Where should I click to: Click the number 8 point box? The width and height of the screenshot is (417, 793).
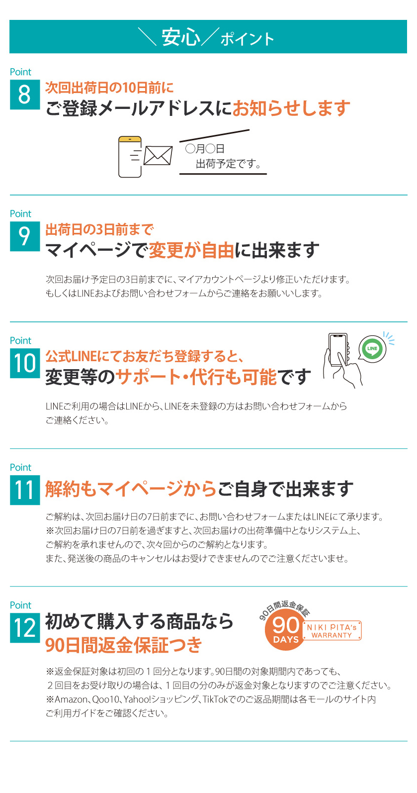(24, 95)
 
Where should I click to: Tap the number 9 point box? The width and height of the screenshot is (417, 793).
(24, 236)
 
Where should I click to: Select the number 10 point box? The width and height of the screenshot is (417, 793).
(24, 363)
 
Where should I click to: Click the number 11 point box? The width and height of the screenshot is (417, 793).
(24, 490)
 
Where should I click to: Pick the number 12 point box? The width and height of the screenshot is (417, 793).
(24, 628)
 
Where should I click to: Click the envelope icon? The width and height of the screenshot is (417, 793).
(158, 156)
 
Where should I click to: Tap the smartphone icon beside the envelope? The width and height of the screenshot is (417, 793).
(130, 157)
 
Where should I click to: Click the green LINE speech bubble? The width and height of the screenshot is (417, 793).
(372, 349)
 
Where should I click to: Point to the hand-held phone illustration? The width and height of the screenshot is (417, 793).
(342, 359)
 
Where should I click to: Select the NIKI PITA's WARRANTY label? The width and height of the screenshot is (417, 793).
(332, 631)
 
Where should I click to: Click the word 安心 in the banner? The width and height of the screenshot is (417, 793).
(181, 37)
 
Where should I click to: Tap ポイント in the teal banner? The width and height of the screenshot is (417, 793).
(247, 39)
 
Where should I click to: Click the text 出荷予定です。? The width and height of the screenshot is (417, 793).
(228, 164)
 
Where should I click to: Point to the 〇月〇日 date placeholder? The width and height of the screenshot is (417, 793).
(205, 148)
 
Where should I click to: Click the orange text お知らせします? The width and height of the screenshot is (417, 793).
(291, 108)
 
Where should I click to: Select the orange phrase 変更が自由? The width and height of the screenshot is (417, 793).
(191, 250)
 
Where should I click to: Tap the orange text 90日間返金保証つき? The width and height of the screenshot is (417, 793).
(124, 645)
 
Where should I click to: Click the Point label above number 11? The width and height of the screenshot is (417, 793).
(20, 468)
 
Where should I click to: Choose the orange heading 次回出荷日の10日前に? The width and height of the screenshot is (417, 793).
(109, 88)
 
